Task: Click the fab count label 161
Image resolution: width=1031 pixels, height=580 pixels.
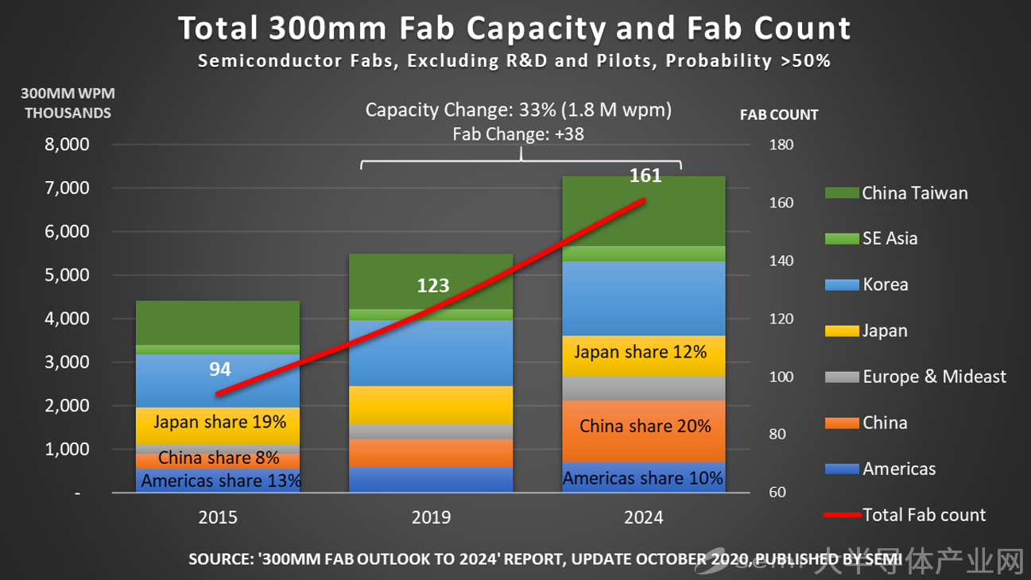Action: pos(645,176)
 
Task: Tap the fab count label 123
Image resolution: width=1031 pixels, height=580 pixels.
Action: pos(433,285)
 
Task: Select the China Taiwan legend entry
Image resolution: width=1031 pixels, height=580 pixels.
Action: pos(914,193)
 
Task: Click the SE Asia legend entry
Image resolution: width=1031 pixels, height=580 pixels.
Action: pos(890,238)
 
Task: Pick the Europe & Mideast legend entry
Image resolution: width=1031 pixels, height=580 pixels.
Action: pos(934,377)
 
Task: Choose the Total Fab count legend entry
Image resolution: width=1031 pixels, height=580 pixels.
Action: pos(924,515)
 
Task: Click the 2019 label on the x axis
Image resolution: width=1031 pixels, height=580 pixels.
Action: pos(431,518)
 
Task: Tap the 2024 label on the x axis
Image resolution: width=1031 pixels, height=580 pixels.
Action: pos(644,518)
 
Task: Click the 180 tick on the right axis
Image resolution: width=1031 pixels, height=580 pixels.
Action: pos(781,145)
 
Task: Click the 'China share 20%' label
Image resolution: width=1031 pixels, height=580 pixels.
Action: pos(645,427)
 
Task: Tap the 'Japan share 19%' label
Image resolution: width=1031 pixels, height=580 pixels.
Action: pos(219,422)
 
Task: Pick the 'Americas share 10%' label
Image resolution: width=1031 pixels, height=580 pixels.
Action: pos(643,478)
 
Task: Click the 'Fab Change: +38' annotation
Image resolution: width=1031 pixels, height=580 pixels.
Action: pos(518,134)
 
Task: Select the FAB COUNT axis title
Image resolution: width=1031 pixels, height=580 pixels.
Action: pos(778,115)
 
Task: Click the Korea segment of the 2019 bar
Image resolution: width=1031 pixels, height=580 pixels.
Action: pos(431,354)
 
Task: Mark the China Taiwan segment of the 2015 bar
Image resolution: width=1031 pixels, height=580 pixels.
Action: pos(218,323)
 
